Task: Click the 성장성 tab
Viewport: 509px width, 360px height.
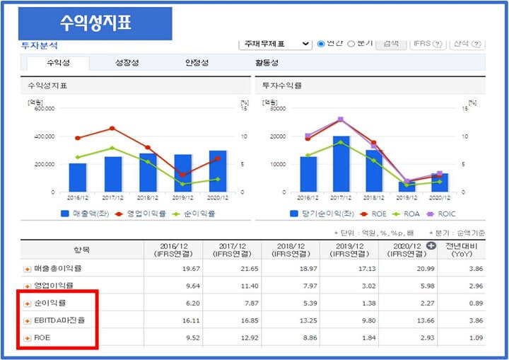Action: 127,63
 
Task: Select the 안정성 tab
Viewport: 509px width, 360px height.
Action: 196,63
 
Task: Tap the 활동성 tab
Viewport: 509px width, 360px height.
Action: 267,63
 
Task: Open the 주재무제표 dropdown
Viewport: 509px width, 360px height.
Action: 275,44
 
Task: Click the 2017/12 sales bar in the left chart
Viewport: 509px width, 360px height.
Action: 113,174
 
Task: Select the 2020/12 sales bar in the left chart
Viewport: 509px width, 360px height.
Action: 218,171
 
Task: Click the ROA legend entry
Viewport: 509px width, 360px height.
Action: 406,213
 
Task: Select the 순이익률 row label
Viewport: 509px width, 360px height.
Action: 50,303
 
